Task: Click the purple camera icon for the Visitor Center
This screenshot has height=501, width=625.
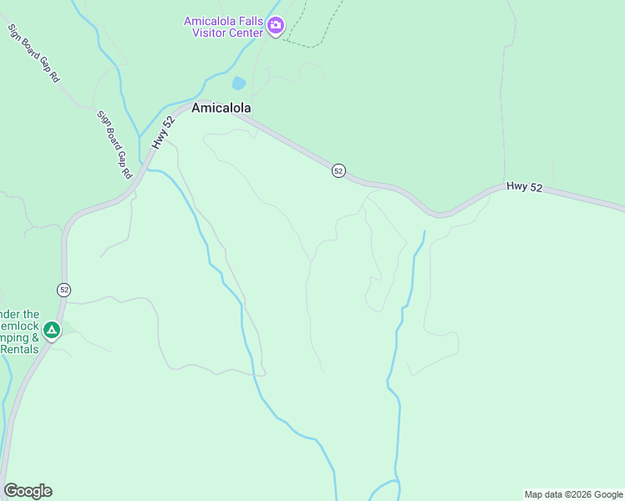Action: (276, 26)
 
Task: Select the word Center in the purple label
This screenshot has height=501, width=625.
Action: (244, 33)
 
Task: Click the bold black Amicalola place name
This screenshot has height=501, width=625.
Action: (221, 109)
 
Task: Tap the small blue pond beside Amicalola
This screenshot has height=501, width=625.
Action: (239, 83)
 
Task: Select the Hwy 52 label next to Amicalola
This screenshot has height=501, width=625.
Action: (164, 133)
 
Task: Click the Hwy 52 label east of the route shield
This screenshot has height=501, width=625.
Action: (525, 187)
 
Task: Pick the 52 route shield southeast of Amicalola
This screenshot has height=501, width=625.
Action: (338, 170)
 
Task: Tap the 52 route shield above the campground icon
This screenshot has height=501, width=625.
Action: (64, 290)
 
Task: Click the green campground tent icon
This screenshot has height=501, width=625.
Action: (52, 331)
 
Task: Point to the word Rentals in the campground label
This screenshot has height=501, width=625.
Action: (20, 349)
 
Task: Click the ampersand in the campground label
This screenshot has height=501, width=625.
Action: (33, 337)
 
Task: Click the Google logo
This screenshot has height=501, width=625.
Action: (28, 491)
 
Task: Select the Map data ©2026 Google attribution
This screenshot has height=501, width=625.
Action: (573, 494)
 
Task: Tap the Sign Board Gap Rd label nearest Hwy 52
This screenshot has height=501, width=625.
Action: (115, 145)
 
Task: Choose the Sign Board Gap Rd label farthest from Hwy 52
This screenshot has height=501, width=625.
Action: (33, 53)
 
